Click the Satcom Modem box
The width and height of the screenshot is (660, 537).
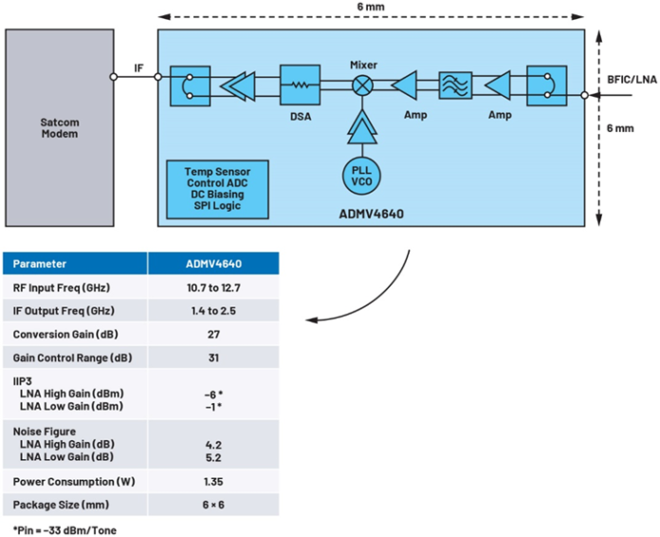coord(59,127)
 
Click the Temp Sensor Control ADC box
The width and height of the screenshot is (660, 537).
coord(217,186)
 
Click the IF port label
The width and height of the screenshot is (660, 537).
coord(138,67)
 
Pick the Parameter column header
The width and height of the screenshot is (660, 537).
coord(40,264)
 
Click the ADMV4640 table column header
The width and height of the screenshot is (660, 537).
coord(213,264)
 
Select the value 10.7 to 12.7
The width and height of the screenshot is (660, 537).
coord(213,287)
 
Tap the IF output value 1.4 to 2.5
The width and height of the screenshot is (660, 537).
coord(213,311)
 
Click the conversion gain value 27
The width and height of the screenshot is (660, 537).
coord(213,335)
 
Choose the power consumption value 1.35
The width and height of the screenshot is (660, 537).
coord(213,481)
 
